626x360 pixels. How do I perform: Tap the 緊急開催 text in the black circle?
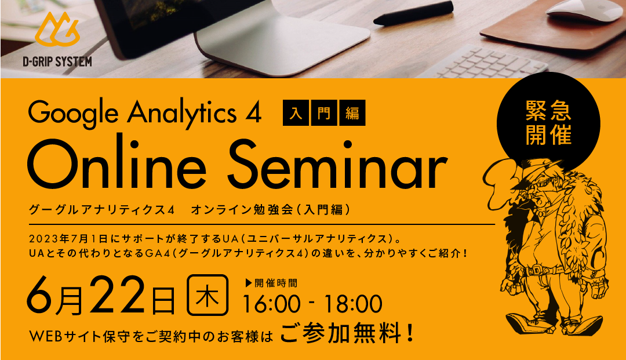tap(548, 122)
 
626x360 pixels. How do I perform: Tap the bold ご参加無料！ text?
tap(347, 334)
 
